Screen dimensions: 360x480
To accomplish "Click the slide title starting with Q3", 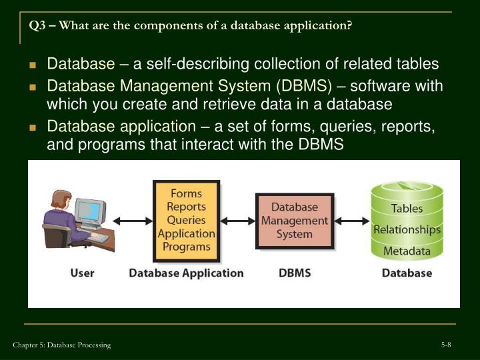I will (x=190, y=25).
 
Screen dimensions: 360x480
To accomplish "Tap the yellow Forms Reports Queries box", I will (x=186, y=220).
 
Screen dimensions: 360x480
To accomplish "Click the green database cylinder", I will (x=407, y=221).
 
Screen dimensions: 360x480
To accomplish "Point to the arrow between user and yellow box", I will (x=133, y=221).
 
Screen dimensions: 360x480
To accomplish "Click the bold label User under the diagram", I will (x=82, y=273).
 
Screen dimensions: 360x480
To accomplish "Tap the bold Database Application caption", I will (x=186, y=273).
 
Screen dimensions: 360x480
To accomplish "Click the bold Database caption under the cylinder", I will (x=407, y=273).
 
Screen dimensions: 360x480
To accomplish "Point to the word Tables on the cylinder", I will (x=407, y=208).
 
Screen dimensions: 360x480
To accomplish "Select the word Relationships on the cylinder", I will (x=407, y=230).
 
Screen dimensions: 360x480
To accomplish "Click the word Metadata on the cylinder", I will (x=407, y=251).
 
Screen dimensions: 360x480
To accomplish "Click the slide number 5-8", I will (x=446, y=344).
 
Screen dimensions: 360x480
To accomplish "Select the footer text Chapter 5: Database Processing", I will (x=61, y=345).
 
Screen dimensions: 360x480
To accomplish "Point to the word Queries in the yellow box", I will (x=186, y=220).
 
